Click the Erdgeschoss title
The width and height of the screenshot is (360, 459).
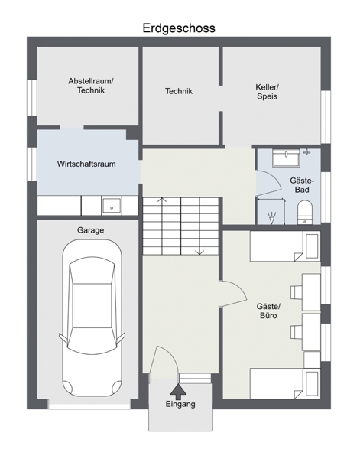(179, 28)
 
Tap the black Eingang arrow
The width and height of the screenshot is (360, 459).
(178, 390)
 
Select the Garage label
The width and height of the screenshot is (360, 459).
(90, 230)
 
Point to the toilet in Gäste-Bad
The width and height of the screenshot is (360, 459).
(305, 213)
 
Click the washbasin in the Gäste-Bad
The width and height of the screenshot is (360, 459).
(286, 158)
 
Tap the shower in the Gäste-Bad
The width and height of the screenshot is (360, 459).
(271, 211)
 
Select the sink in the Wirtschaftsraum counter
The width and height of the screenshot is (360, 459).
(112, 206)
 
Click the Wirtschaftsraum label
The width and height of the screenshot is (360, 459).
(86, 164)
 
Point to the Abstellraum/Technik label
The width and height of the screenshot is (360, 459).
(91, 86)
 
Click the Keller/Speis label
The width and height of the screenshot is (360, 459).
(268, 92)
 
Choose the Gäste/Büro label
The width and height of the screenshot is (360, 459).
(268, 311)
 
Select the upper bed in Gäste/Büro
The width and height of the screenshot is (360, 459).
(285, 246)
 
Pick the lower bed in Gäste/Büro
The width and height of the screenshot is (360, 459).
(285, 383)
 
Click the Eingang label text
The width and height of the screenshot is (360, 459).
(180, 405)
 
